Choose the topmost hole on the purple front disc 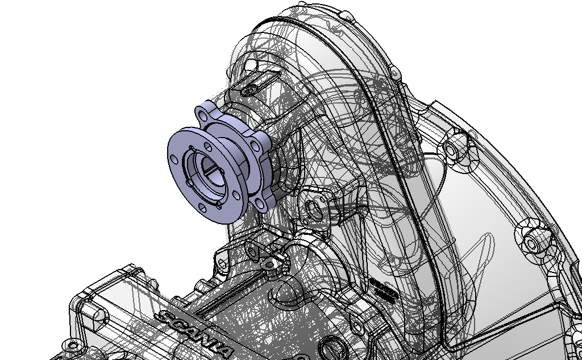point(191,150)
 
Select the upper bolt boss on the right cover point(452,150)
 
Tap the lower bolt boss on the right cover point(530,243)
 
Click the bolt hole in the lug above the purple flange point(250,90)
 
